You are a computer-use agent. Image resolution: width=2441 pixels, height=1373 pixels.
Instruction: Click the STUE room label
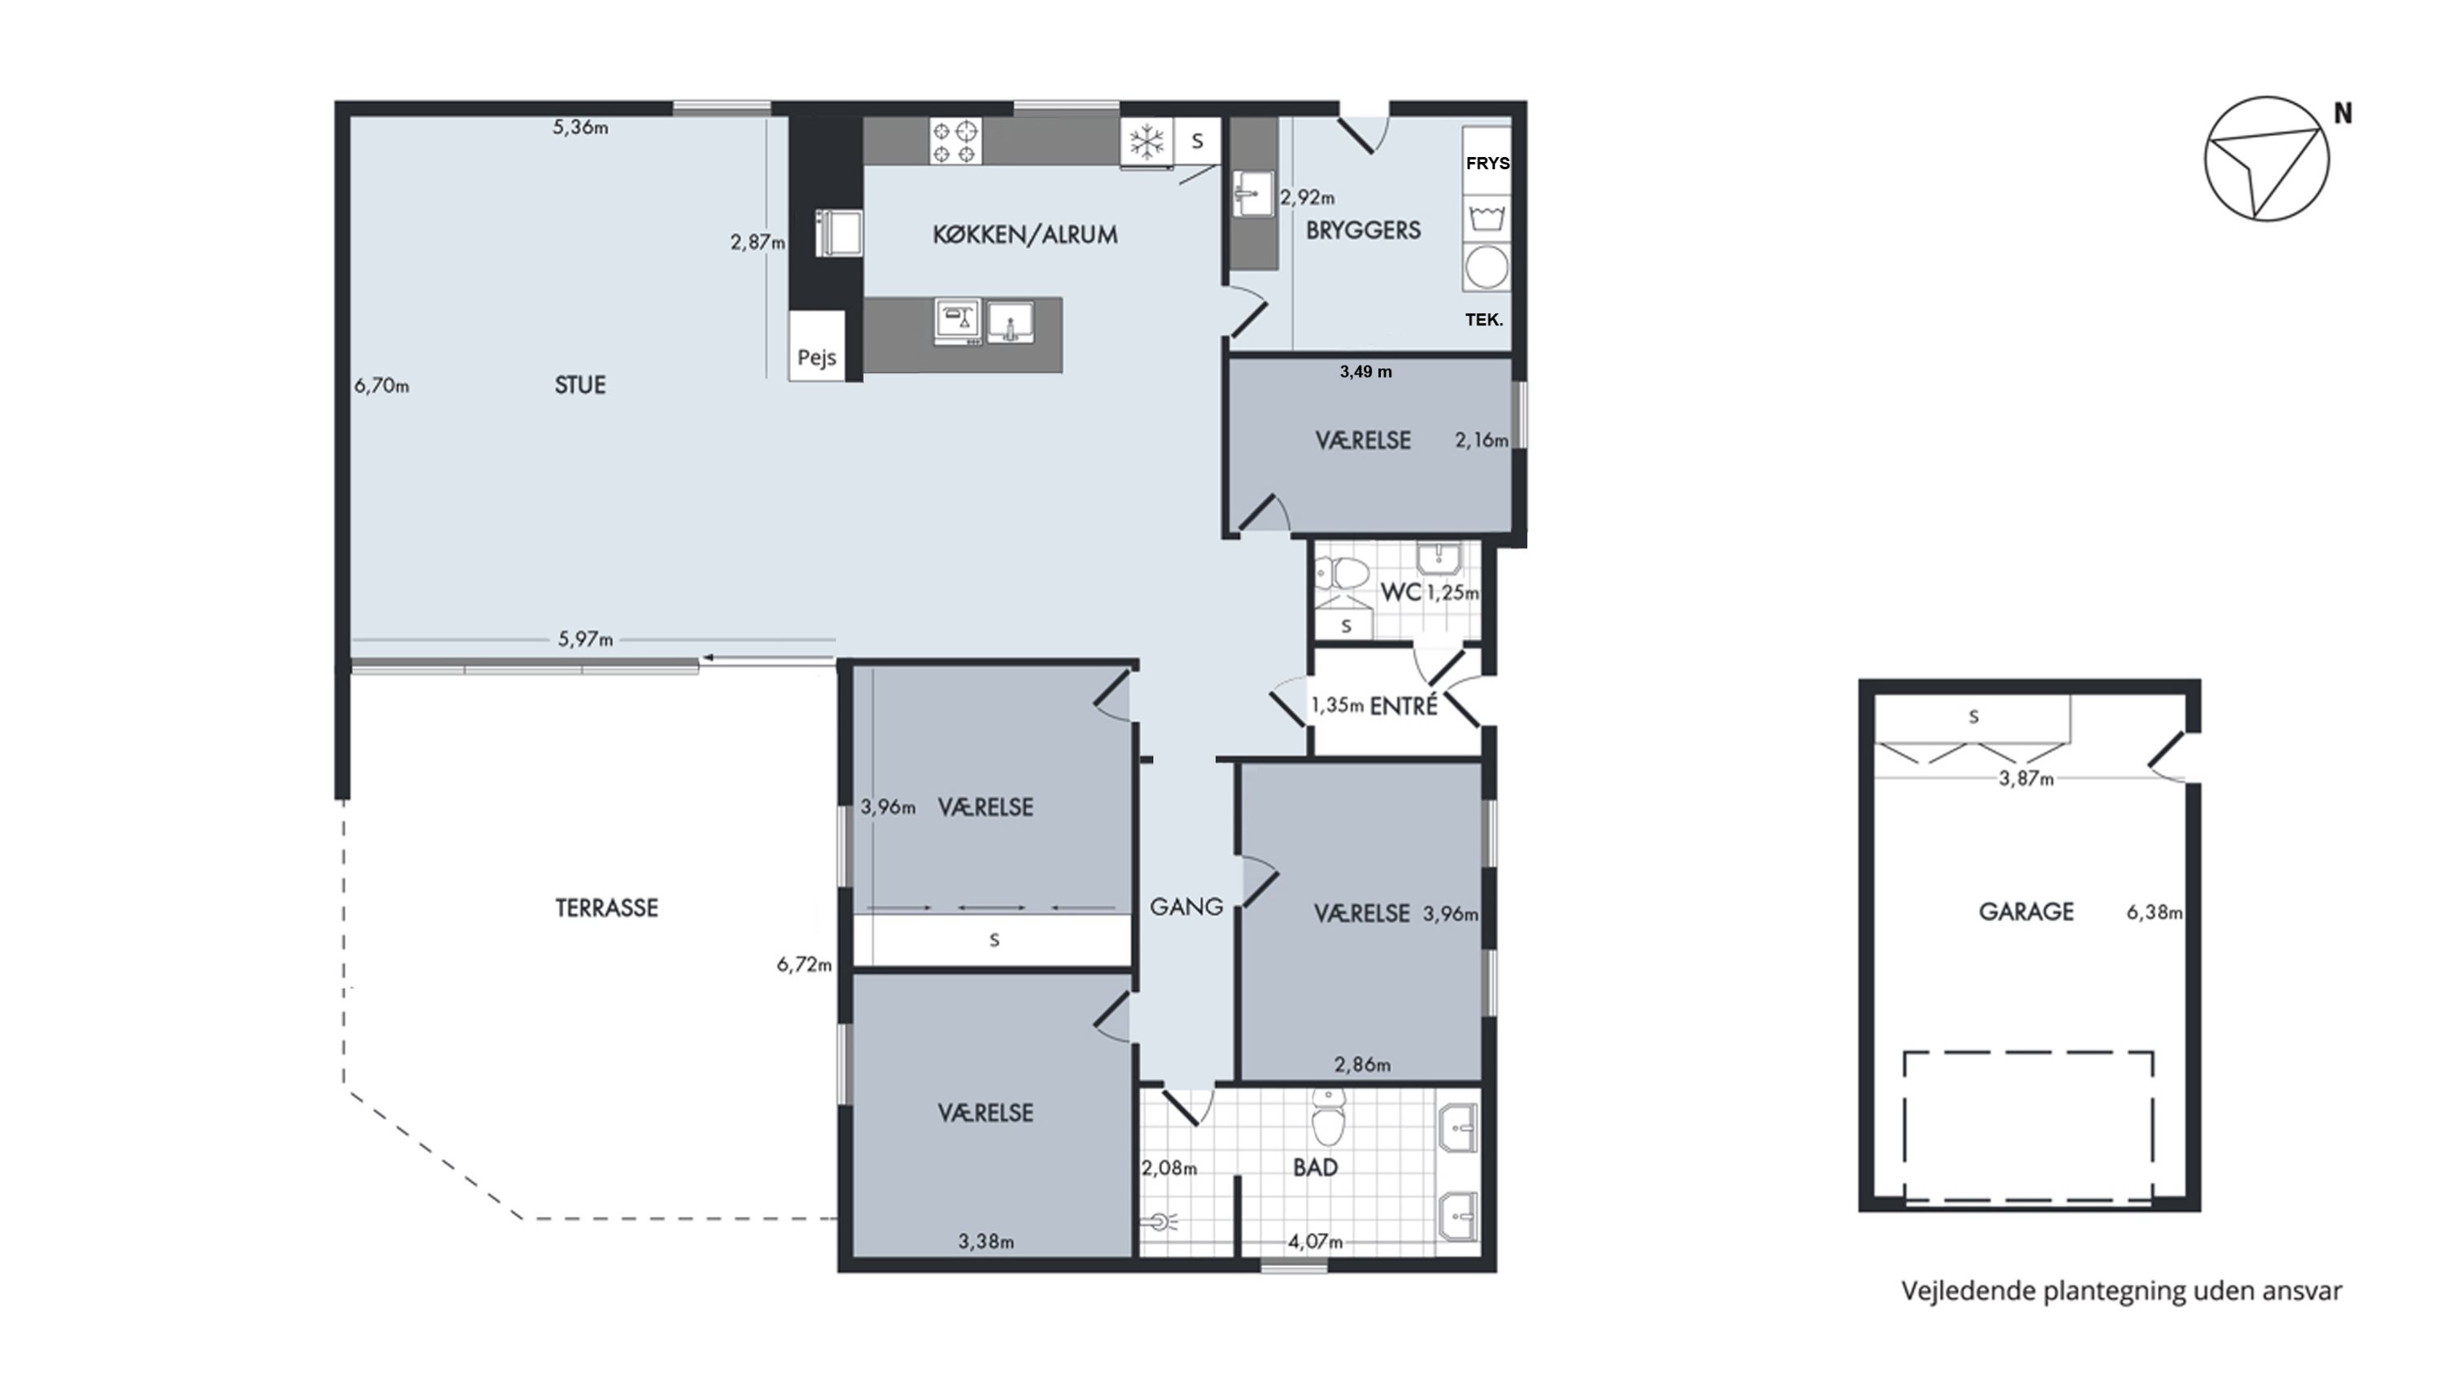pyautogui.click(x=580, y=385)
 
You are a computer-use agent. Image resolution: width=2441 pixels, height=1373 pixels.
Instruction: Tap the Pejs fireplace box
pyautogui.click(x=816, y=346)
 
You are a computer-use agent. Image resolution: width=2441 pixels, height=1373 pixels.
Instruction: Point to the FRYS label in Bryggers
pyautogui.click(x=1487, y=163)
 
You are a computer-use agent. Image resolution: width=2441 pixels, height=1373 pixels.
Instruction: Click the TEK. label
pyautogui.click(x=1484, y=321)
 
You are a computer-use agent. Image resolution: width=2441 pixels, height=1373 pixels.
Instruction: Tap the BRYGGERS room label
pyautogui.click(x=1363, y=230)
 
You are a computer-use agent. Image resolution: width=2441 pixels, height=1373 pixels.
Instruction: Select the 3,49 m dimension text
pyautogui.click(x=1365, y=371)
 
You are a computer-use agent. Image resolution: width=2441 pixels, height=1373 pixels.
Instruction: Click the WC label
pyautogui.click(x=1400, y=592)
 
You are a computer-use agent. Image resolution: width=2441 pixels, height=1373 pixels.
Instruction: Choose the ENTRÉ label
pyautogui.click(x=1404, y=705)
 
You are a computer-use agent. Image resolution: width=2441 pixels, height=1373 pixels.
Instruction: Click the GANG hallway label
pyautogui.click(x=1186, y=907)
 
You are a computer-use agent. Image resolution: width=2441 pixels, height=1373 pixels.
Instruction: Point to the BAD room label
pyautogui.click(x=1315, y=1167)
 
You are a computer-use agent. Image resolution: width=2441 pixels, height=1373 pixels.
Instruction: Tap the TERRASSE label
pyautogui.click(x=606, y=907)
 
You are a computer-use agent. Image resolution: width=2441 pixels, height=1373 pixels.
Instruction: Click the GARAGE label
pyautogui.click(x=2026, y=912)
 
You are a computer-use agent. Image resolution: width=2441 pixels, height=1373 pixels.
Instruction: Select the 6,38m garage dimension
pyautogui.click(x=2155, y=912)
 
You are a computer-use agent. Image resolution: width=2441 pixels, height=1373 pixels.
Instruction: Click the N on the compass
pyautogui.click(x=2343, y=114)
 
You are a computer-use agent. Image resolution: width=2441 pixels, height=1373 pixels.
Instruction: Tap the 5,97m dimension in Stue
pyautogui.click(x=585, y=640)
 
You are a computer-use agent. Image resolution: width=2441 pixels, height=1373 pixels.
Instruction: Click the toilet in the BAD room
pyautogui.click(x=1329, y=1116)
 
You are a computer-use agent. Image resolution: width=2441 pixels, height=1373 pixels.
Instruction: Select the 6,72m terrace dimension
pyautogui.click(x=805, y=964)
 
